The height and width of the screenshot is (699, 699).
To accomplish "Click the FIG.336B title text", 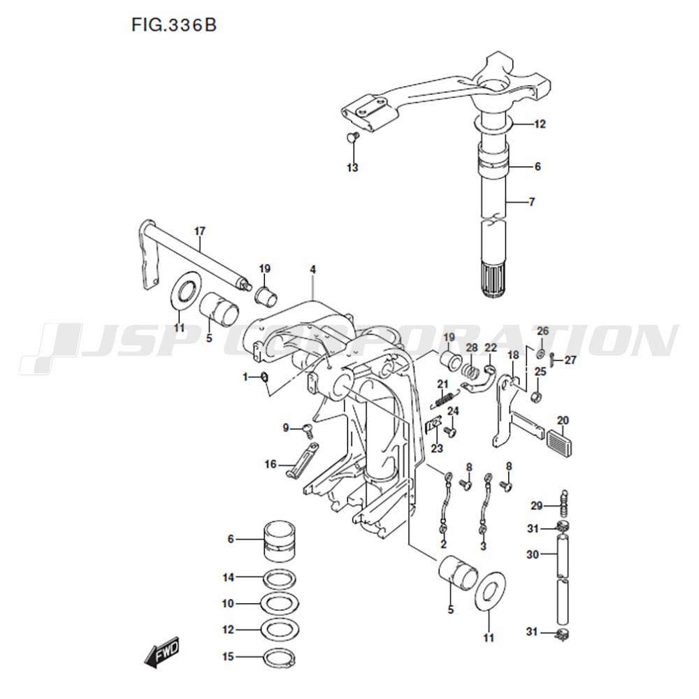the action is coord(174,25).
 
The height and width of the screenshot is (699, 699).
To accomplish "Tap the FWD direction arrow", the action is coord(161,652).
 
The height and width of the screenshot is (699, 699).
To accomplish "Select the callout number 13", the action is coord(352,168).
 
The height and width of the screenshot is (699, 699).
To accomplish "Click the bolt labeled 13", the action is coord(352,136).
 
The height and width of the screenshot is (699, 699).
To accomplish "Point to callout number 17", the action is coord(200,231).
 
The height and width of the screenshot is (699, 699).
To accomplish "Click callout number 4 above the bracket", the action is coord(313,270).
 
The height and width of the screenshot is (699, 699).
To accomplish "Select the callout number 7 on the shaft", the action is coord(531,202).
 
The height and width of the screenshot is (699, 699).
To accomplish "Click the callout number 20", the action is coord(563,420).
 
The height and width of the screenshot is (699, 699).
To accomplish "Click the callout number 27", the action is coord(570,360).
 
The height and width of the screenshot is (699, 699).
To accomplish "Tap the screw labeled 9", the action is coord(308,430).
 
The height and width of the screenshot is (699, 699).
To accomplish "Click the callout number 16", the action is coord(271,465).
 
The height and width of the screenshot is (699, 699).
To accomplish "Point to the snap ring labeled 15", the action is coord(279,658).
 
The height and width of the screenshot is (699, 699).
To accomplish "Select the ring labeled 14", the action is coord(280,579).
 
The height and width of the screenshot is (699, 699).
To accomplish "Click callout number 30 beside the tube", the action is coord(533,554).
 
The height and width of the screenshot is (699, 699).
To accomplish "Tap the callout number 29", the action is coord(536,505).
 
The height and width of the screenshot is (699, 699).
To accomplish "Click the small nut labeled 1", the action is coord(264,377).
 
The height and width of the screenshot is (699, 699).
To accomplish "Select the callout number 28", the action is coord(472,347).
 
